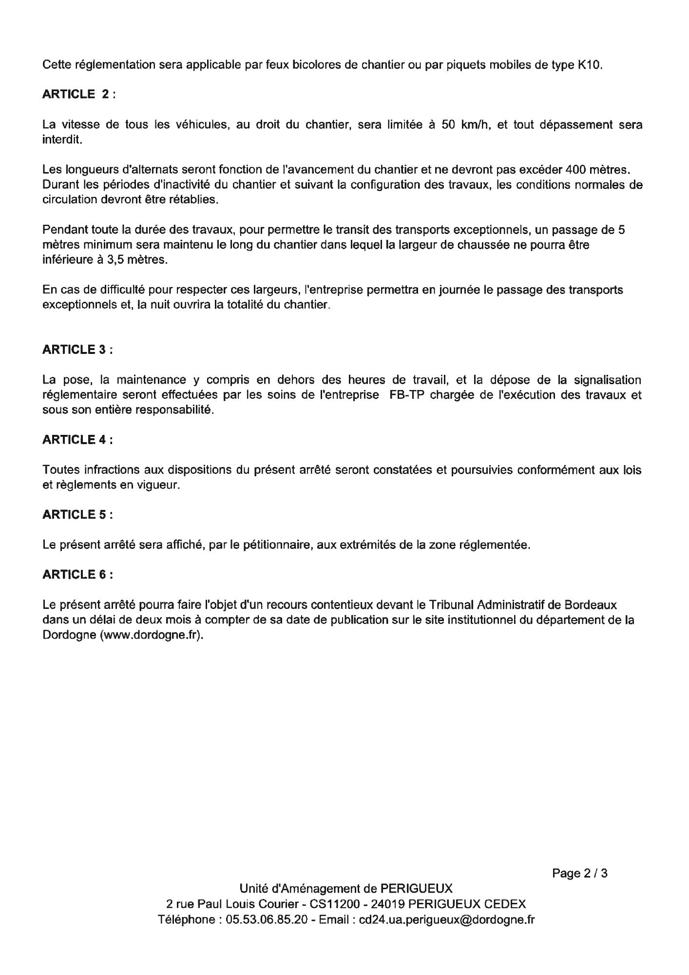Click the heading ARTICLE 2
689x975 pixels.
point(78,95)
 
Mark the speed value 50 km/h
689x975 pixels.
point(463,125)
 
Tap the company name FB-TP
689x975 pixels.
point(405,395)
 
